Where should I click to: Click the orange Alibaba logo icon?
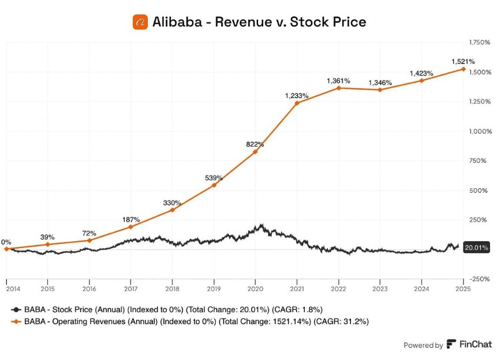[x=140, y=22]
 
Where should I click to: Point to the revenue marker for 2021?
[x=297, y=103]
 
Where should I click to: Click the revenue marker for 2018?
[x=172, y=210]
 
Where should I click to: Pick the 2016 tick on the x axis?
[x=89, y=288]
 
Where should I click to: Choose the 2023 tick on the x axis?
[x=380, y=288]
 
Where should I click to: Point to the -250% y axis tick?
[x=479, y=279]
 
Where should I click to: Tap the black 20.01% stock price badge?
[x=477, y=247]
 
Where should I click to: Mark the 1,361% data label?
[x=338, y=81]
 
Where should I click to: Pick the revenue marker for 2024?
[x=421, y=80]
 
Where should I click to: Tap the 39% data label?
[x=47, y=237]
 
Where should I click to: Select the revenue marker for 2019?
[x=214, y=185]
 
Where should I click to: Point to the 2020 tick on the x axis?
[x=255, y=288]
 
